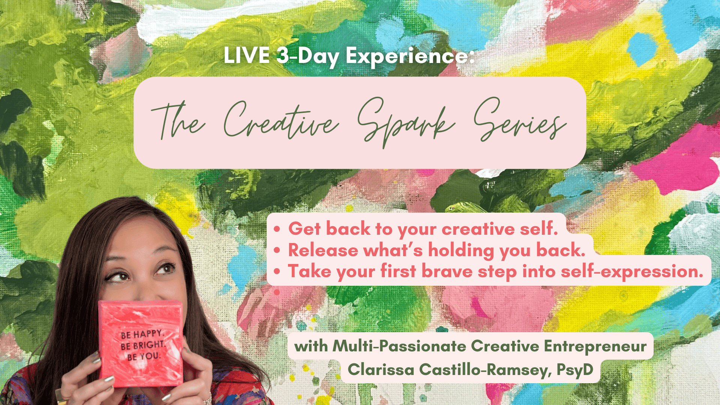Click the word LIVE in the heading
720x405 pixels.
[x=247, y=55]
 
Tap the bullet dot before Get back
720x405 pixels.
[x=277, y=229]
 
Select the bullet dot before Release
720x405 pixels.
[x=277, y=250]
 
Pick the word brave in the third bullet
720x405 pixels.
[x=447, y=271]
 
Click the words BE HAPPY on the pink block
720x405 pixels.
[x=142, y=334]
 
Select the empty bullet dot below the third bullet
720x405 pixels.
[x=277, y=292]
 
